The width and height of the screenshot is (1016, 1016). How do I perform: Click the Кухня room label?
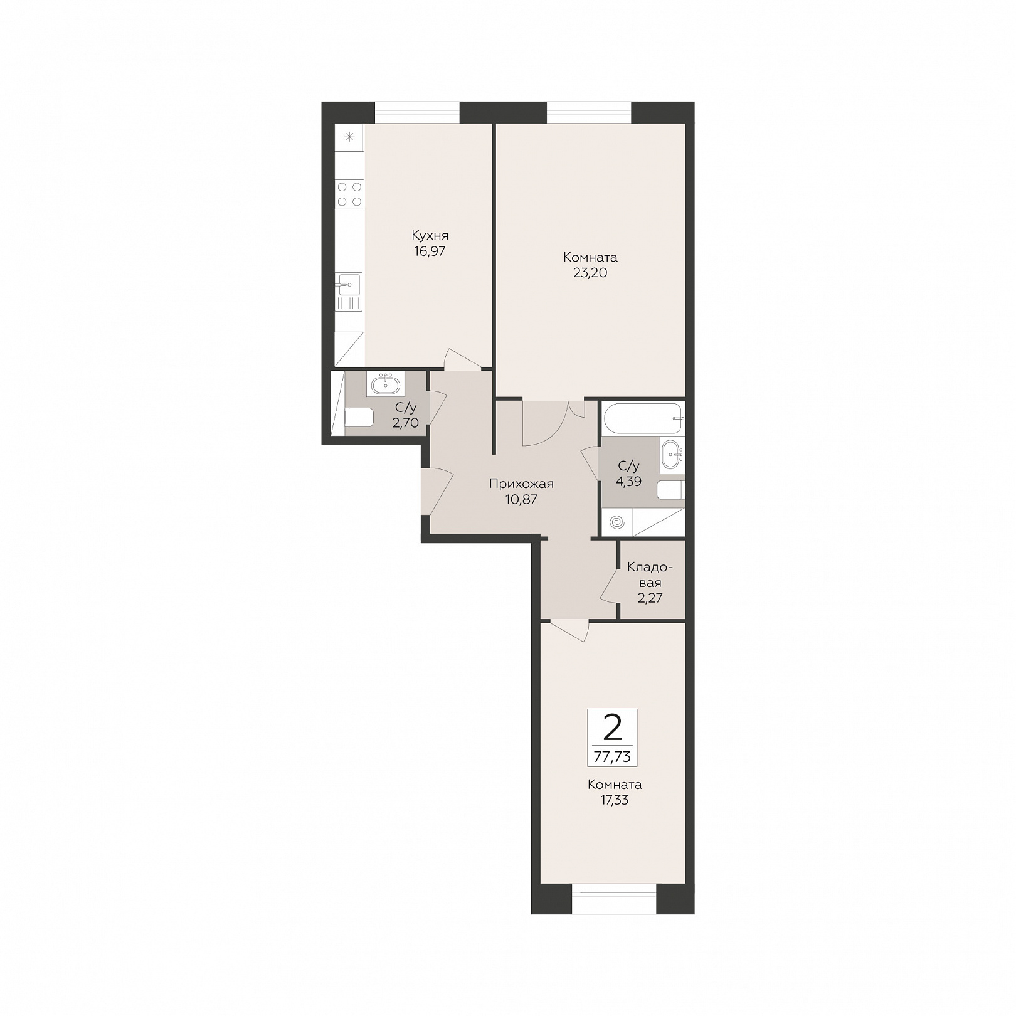(430, 236)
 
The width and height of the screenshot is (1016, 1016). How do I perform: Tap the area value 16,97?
(430, 251)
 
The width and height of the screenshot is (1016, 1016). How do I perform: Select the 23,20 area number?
(590, 273)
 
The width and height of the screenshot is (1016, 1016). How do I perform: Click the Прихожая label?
(521, 484)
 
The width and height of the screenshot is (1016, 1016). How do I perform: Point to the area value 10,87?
(521, 500)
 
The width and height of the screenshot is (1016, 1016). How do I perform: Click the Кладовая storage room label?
(650, 575)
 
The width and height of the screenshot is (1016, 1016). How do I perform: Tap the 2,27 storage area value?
(650, 598)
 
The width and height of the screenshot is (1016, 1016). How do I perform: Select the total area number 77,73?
(612, 757)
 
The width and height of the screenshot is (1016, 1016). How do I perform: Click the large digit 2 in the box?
(612, 728)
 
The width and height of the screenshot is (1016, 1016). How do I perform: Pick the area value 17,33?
(615, 800)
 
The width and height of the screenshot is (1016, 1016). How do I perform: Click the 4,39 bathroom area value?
(629, 482)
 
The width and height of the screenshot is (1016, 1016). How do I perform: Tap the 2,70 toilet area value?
(405, 423)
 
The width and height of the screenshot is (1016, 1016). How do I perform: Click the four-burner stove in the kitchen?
(349, 194)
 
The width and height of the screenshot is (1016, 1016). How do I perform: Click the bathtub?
(643, 418)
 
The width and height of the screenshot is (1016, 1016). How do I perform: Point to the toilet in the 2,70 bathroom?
(359, 417)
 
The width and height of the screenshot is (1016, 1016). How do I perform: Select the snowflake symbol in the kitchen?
(349, 137)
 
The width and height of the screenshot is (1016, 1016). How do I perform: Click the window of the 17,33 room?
(614, 898)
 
